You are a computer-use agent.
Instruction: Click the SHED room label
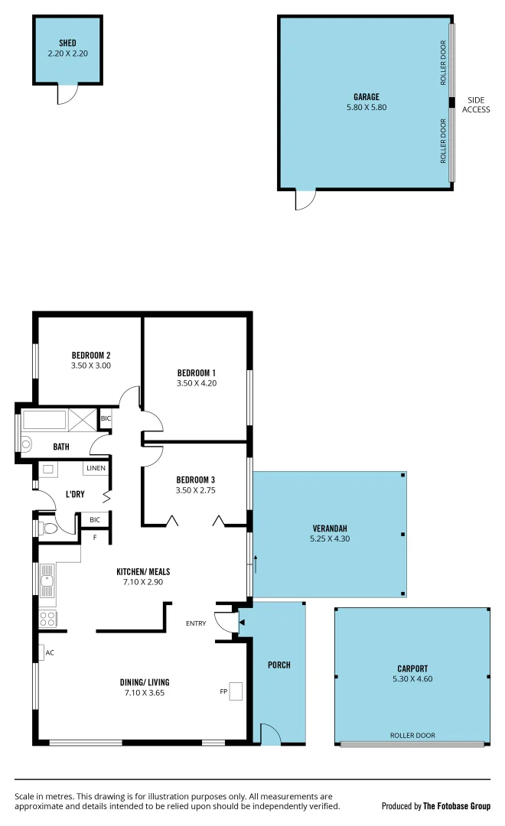tap(67, 43)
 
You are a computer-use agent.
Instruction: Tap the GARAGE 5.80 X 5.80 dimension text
tap(367, 108)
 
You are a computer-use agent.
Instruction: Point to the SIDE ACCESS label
tap(476, 105)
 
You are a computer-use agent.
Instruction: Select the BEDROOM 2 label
tap(91, 355)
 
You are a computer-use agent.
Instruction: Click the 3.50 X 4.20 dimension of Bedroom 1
tap(197, 383)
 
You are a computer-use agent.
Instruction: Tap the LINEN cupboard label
tap(96, 468)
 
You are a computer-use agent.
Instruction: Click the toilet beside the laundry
tap(49, 528)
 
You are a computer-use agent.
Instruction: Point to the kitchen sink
tap(47, 580)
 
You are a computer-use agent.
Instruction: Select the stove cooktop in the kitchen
tap(47, 619)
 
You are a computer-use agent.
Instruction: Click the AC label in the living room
tap(50, 652)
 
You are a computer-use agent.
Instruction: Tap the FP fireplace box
tap(236, 691)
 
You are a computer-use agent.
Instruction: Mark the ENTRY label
tap(196, 623)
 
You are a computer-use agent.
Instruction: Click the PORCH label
tap(279, 665)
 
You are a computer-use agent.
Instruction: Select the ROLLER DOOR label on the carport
tap(412, 735)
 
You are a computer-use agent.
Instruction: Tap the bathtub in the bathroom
tap(45, 420)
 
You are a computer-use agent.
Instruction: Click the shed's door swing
tap(69, 94)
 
